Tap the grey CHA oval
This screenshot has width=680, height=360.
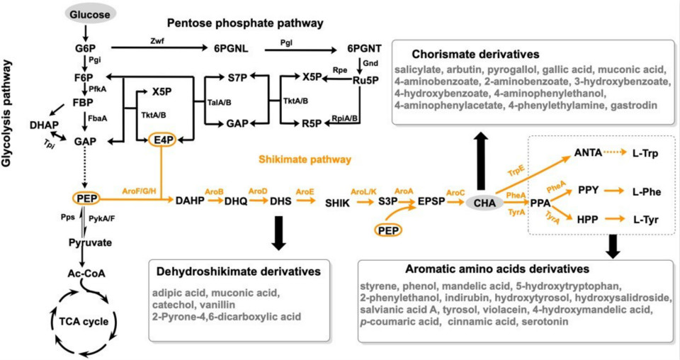point(485,203)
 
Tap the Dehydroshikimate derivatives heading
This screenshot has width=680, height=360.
point(242,271)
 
